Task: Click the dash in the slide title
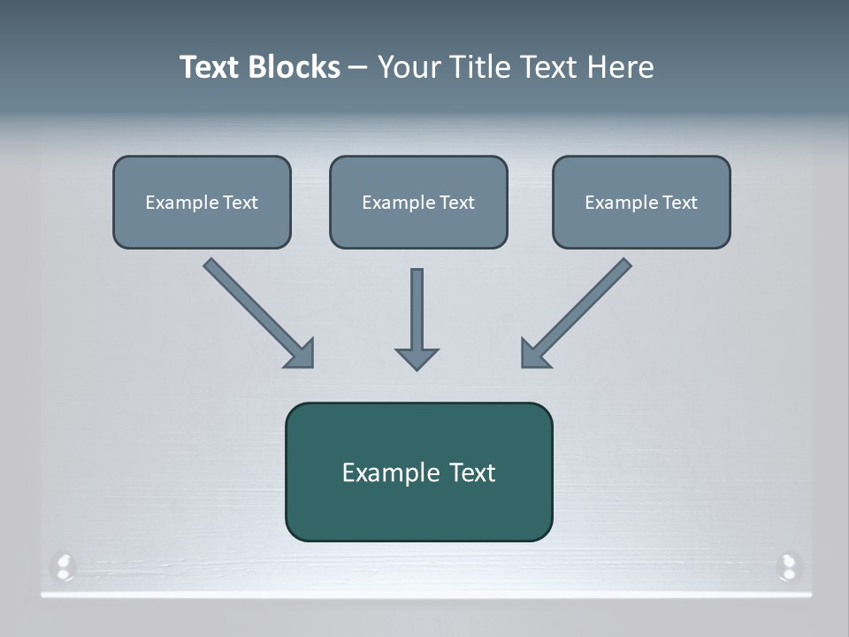tap(358, 67)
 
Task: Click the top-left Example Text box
tap(202, 202)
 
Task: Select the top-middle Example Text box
tap(418, 202)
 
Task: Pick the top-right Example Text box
tap(641, 202)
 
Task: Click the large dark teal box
tap(418, 472)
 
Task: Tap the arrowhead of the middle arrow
tap(417, 358)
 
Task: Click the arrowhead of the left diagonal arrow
tap(302, 355)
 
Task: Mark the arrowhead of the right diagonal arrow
tap(532, 355)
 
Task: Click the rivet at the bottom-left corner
tap(63, 565)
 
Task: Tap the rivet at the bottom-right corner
tap(787, 565)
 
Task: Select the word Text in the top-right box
tap(679, 203)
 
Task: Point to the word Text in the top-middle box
tap(456, 203)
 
